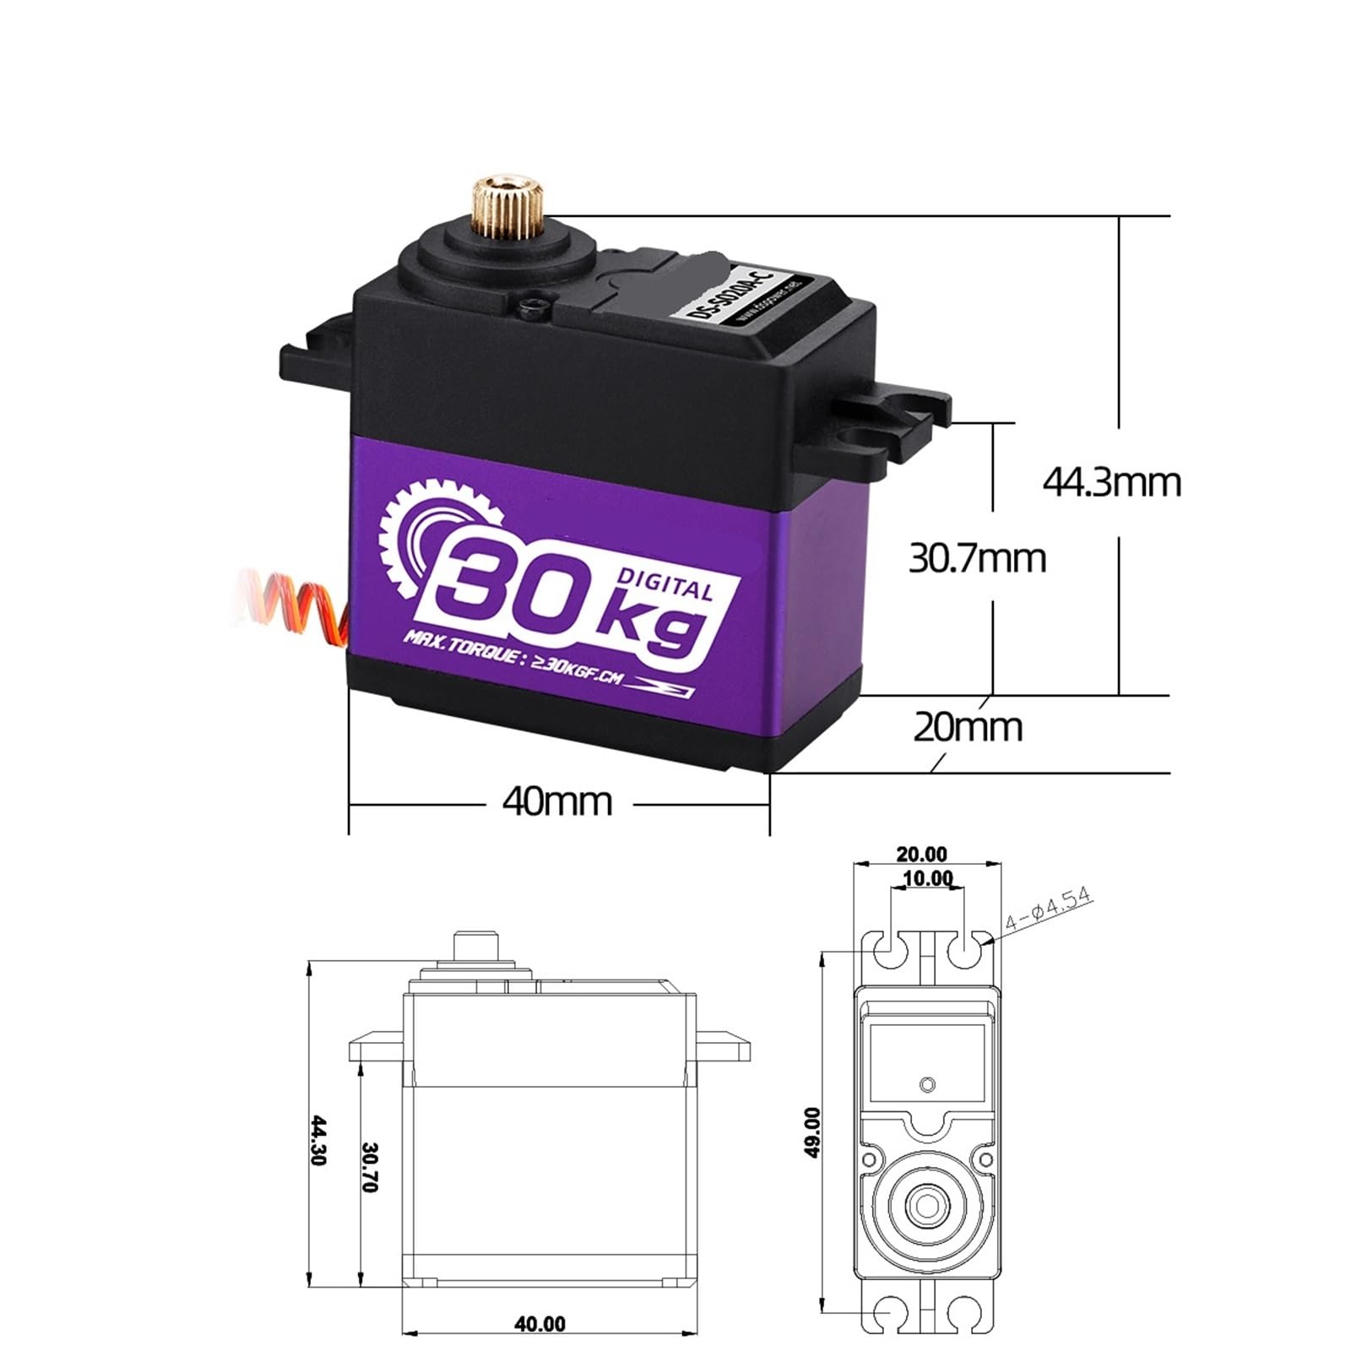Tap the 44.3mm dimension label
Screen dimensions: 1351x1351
point(1111,483)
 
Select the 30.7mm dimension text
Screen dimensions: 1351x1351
point(977,559)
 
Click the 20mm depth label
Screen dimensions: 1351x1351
point(968,727)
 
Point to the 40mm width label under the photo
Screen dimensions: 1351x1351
point(556,801)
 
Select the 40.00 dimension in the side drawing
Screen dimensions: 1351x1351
point(540,1324)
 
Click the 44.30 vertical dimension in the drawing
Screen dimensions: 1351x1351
point(319,1140)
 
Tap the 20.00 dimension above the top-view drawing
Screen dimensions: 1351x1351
point(921,855)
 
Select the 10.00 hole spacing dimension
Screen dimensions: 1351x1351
point(927,879)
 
